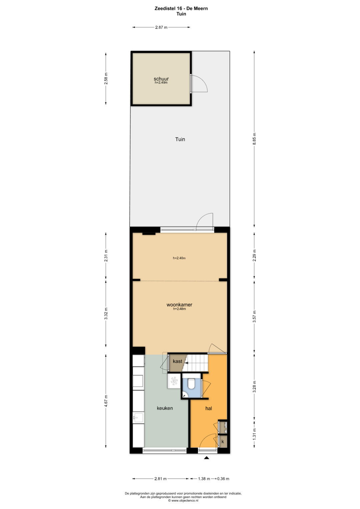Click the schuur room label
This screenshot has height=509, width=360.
point(161,79)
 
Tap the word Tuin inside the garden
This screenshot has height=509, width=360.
point(180,139)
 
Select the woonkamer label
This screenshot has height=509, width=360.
point(179,305)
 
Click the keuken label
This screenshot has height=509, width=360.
point(165,414)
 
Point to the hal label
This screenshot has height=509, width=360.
point(208,415)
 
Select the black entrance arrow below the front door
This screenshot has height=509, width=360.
point(206,458)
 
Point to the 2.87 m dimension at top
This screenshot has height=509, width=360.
point(161,27)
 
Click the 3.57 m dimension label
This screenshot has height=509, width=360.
point(254,316)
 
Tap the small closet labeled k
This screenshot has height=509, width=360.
point(223,442)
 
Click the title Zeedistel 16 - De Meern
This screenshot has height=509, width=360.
point(181,9)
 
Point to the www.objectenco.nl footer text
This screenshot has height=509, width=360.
point(183,500)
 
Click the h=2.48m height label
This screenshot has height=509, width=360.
point(179,309)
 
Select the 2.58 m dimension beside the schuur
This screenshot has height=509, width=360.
point(106,78)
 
